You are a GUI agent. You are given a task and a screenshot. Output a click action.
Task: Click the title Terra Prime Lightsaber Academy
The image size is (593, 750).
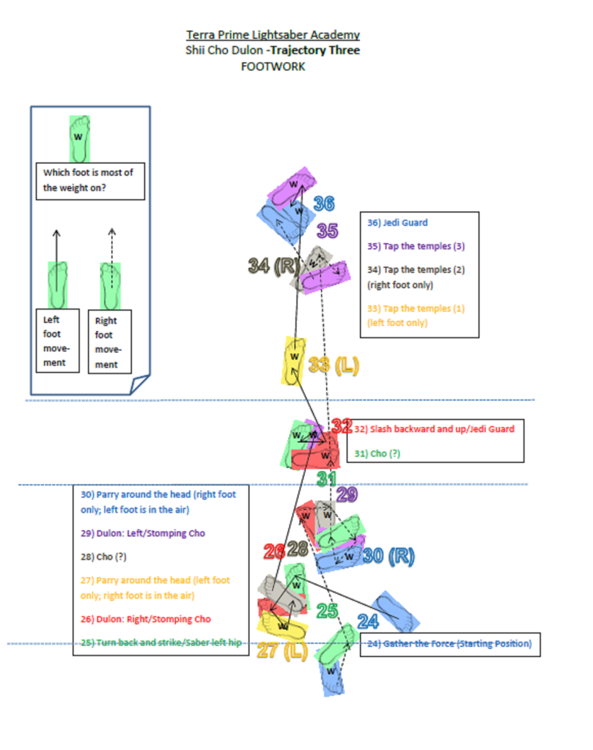point(273,34)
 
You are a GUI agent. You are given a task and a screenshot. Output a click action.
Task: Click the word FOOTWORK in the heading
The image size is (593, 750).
point(273,67)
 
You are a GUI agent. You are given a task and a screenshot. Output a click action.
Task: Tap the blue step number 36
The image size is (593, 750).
point(324,204)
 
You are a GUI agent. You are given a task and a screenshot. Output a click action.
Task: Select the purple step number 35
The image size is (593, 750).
point(327,231)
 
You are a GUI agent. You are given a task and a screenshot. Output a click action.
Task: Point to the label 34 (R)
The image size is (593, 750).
point(271,266)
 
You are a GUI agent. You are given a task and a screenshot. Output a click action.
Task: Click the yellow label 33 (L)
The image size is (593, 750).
point(334,365)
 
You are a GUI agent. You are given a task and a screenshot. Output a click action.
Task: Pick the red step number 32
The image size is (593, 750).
point(342,426)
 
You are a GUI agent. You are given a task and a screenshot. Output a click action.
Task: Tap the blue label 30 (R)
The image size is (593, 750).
point(388,557)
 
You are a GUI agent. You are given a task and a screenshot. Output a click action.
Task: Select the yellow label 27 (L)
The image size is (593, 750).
point(281,650)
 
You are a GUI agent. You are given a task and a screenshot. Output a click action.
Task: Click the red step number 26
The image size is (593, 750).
point(275,550)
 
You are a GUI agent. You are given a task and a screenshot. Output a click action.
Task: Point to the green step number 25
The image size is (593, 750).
point(326,611)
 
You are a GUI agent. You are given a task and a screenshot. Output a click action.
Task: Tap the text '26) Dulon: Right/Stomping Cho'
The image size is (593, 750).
point(146,620)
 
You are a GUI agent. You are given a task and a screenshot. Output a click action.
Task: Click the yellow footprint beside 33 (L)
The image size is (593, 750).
point(295,359)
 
